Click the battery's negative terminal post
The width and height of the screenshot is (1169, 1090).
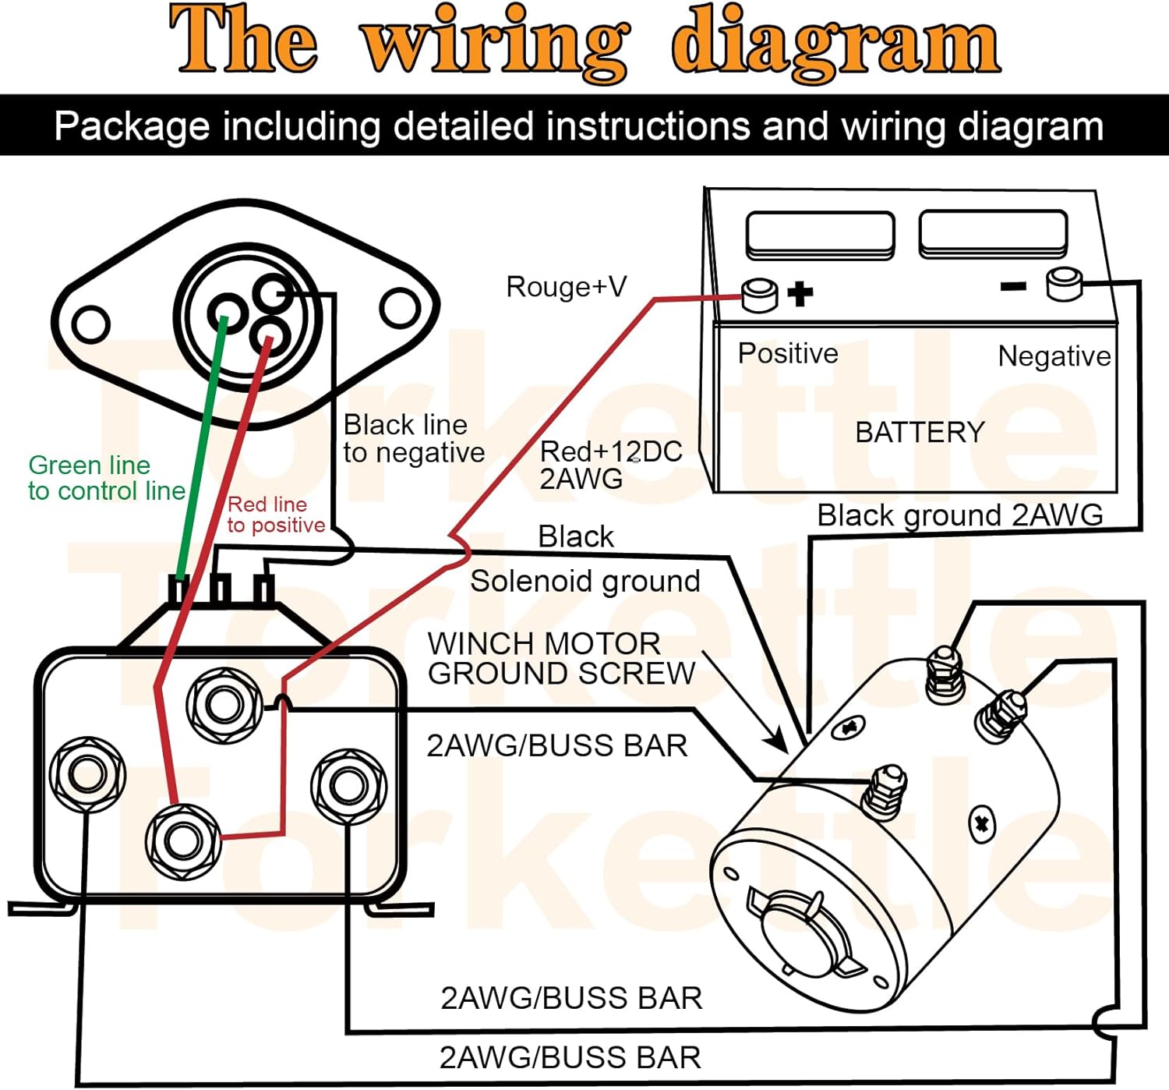click(x=1064, y=283)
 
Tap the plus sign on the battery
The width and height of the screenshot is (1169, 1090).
click(x=800, y=294)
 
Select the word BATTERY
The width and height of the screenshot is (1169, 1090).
click(x=920, y=432)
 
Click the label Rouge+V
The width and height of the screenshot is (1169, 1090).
click(x=566, y=287)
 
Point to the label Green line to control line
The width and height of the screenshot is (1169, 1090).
click(x=106, y=478)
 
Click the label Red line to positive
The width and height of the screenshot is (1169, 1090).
click(x=275, y=515)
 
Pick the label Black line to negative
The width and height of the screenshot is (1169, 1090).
click(x=413, y=438)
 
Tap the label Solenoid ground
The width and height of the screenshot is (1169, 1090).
click(x=584, y=581)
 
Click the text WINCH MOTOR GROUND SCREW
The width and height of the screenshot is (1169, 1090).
click(x=560, y=658)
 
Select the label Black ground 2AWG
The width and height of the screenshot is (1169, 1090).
click(x=959, y=515)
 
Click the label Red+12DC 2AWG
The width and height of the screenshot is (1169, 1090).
click(x=610, y=465)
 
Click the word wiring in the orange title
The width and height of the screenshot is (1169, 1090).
click(x=494, y=41)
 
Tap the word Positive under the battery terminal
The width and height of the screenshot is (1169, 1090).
click(x=787, y=353)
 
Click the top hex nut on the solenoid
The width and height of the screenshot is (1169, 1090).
click(x=224, y=705)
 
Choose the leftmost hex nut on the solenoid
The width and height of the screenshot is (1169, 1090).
click(x=87, y=774)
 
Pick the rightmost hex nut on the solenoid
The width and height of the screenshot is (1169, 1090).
click(x=348, y=786)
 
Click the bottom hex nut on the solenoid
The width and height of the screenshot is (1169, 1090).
click(x=182, y=841)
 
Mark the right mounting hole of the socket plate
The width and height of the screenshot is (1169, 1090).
click(x=400, y=309)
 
